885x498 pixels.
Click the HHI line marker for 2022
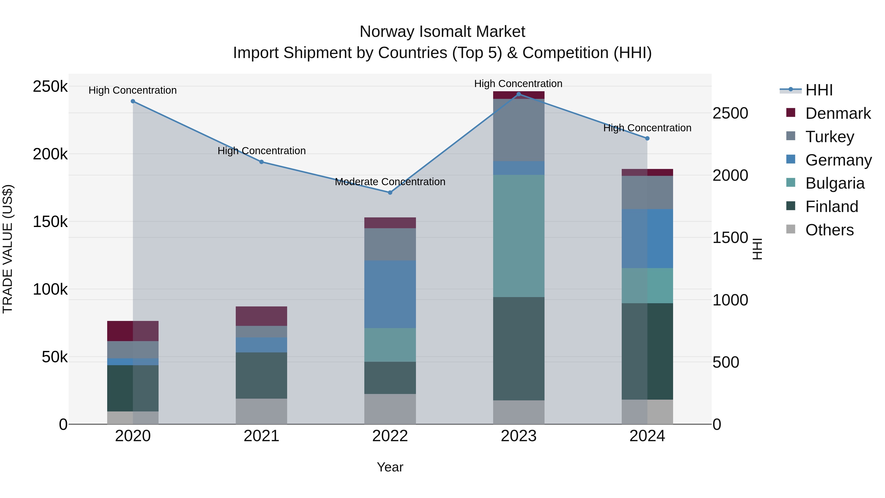390,193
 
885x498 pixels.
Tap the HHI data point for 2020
133,101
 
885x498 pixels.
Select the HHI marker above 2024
647,138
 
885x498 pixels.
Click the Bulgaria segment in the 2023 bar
518,236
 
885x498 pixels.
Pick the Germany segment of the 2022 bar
390,294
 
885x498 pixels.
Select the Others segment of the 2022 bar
390,409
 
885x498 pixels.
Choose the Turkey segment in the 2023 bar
518,130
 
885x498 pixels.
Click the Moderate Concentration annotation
390,182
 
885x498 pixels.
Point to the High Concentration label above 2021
262,151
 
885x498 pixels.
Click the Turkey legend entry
829,137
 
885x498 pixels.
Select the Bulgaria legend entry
835,183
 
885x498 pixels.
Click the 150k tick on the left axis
50,222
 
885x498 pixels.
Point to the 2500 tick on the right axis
730,113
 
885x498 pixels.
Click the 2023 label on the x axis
518,436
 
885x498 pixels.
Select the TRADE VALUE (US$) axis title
8,249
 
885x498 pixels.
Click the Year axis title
390,467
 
